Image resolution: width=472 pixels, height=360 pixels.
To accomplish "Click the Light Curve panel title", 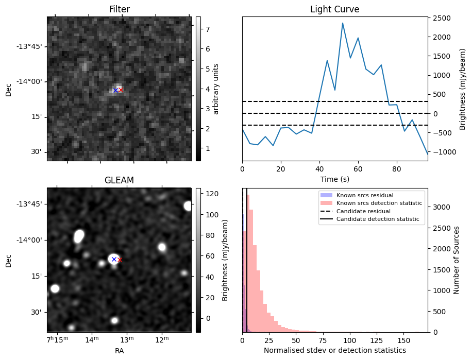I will click(334, 9).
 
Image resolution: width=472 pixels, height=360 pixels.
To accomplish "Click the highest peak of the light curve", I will click(342, 23).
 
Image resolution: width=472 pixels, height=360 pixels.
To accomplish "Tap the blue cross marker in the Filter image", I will click(115, 90).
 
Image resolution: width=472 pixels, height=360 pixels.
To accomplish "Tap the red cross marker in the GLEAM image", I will click(120, 260).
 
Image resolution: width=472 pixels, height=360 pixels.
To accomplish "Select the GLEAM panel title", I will click(119, 180).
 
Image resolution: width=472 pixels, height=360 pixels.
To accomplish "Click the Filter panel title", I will click(119, 9).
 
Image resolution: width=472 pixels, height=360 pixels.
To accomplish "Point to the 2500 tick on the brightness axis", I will click(443, 19).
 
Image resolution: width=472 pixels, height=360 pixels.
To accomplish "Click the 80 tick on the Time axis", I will click(397, 168).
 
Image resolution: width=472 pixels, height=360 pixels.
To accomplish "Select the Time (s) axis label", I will click(334, 179).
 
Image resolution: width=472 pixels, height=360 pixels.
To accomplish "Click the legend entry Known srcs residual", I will click(364, 196).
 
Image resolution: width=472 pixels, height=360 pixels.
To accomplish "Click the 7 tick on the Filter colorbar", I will click(206, 29).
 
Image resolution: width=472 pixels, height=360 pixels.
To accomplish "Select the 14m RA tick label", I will click(92, 339).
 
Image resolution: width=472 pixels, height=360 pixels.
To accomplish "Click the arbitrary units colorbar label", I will click(216, 89).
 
